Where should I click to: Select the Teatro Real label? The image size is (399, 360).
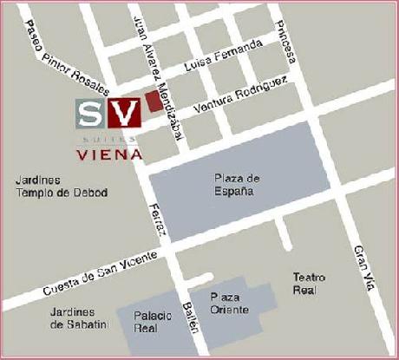(309, 283)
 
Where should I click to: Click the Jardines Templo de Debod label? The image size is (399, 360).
(61, 186)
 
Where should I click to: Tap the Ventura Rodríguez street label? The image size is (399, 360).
(240, 95)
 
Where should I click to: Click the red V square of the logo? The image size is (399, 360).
(127, 112)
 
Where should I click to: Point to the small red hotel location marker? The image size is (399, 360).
(152, 101)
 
